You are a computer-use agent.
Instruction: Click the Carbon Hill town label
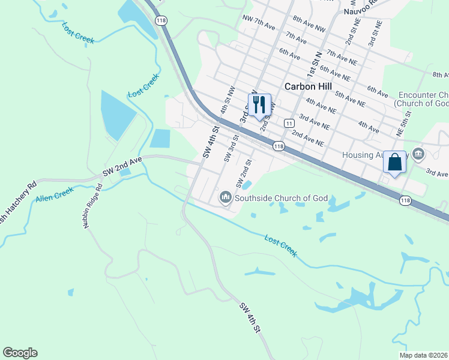309,86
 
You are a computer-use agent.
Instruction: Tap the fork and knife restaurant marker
259,104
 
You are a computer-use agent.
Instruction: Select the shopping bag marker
394,162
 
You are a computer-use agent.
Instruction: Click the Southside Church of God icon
226,196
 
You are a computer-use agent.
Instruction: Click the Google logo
20,353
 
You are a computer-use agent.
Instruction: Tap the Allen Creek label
54,194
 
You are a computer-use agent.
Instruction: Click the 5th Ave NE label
350,98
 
